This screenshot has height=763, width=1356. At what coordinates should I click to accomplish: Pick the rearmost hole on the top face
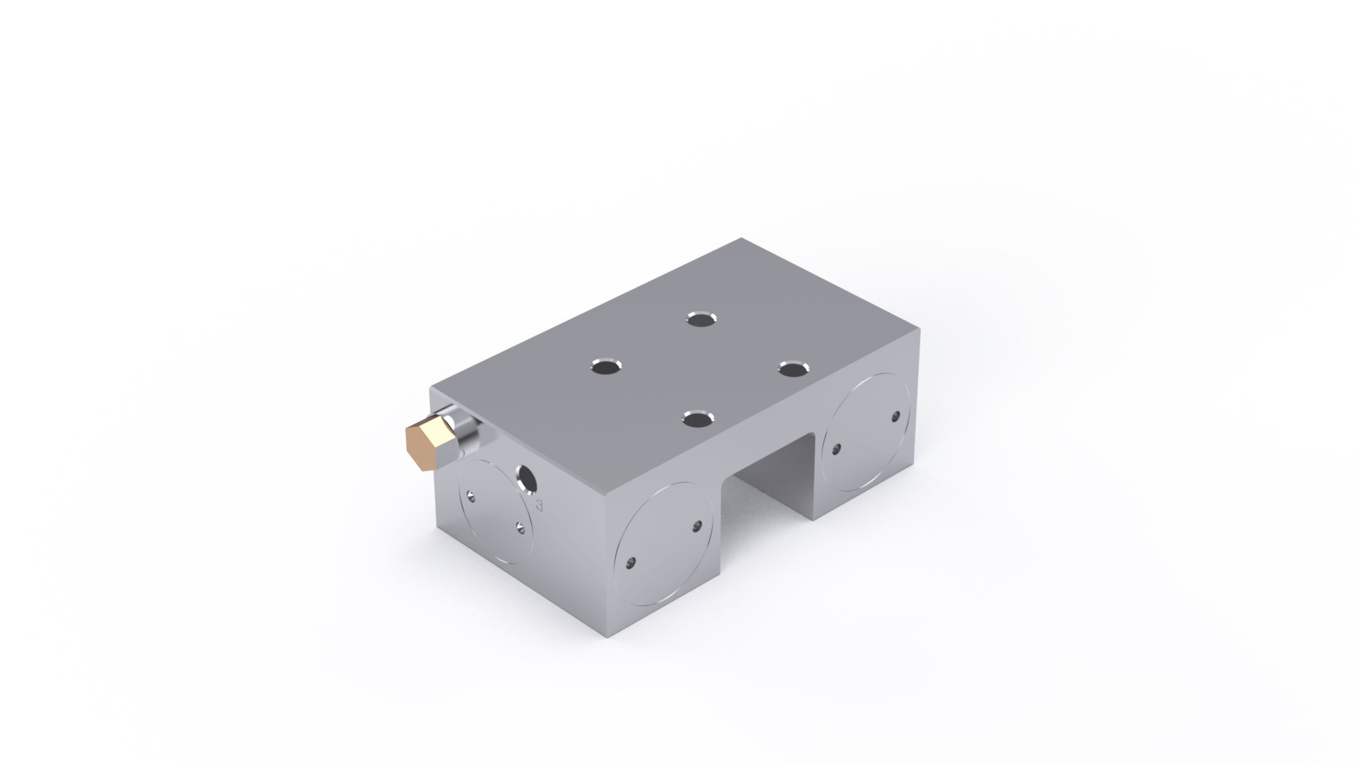pos(700,319)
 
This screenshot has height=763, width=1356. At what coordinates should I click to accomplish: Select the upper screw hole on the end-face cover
pos(472,493)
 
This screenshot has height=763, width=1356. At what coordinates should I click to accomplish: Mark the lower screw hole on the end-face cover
pos(521,526)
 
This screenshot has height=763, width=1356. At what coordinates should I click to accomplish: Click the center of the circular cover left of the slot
pos(665,544)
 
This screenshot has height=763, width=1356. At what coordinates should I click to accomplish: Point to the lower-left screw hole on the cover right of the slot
pos(837,447)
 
